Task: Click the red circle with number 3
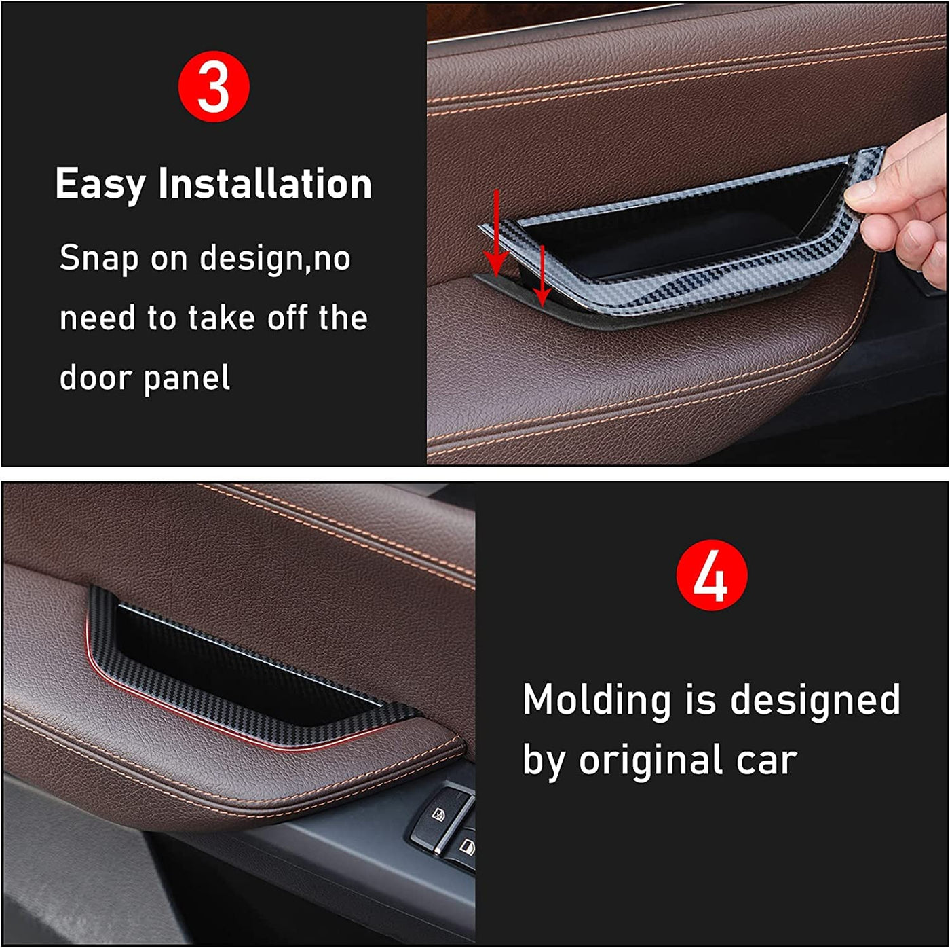point(214,86)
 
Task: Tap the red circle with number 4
point(711,575)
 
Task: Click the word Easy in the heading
point(100,184)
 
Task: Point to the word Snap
point(98,259)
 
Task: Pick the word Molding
point(596,700)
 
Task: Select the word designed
point(815,699)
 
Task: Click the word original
point(650,761)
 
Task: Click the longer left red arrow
point(496,233)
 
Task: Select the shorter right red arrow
point(542,276)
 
